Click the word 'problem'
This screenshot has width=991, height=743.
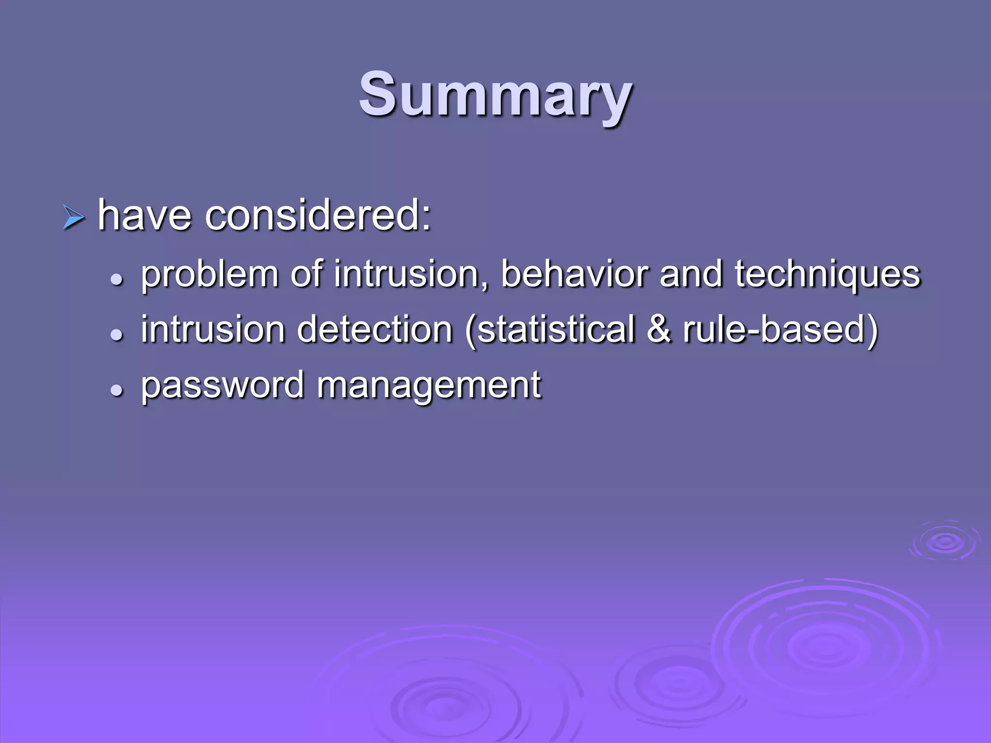click(x=210, y=275)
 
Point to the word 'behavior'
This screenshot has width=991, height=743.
click(x=574, y=274)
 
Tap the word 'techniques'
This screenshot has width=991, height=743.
click(x=827, y=275)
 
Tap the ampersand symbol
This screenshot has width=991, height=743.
click(x=659, y=329)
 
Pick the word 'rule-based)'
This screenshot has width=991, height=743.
click(x=780, y=330)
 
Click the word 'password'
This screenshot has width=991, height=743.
click(x=222, y=386)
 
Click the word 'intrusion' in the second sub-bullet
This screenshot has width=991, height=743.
click(x=213, y=329)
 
